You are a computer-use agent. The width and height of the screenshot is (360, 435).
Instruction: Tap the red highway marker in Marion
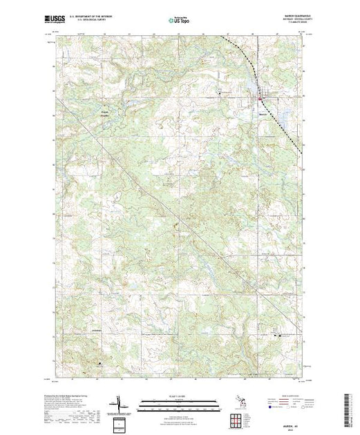259,99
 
